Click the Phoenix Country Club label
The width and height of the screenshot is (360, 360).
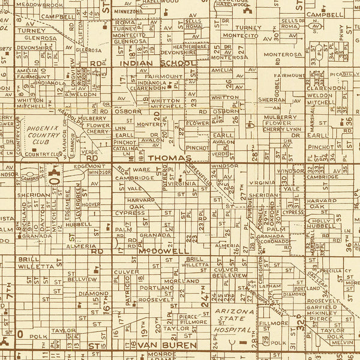point(55,136)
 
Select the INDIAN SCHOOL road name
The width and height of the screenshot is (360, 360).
point(157,63)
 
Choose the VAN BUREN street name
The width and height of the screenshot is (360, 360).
point(159,346)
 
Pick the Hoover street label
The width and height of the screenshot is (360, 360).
point(91,205)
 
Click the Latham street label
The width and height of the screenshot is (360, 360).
point(273,286)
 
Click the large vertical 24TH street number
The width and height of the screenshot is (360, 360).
point(204,296)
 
